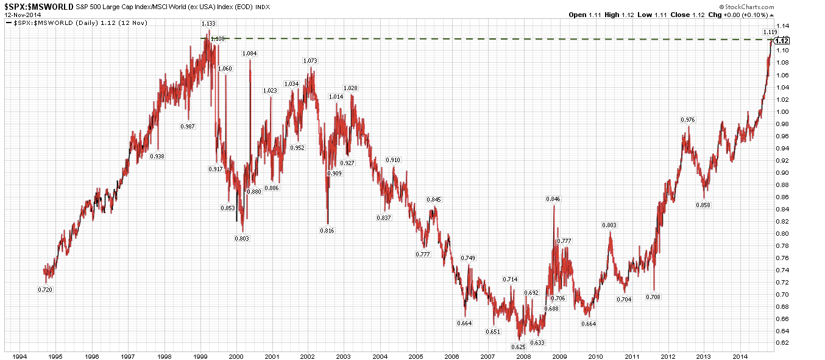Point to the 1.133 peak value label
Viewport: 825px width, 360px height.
coord(208,23)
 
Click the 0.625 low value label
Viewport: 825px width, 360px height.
coord(518,347)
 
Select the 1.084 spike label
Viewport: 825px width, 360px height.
coord(249,54)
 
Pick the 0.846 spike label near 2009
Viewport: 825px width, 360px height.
coord(553,199)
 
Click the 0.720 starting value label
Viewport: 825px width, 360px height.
coord(44,289)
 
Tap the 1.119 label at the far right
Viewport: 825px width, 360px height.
coord(770,32)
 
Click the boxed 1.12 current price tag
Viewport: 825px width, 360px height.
coord(782,41)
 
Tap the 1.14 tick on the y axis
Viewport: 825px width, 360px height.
coord(784,26)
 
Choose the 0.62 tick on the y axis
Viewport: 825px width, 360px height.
coord(784,343)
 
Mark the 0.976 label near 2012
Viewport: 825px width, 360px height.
coord(687,120)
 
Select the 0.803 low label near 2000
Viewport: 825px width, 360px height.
coord(242,238)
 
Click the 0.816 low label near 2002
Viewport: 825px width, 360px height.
coord(327,230)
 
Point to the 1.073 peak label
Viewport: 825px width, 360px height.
coord(310,61)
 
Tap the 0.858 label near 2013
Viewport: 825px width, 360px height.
coord(703,205)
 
